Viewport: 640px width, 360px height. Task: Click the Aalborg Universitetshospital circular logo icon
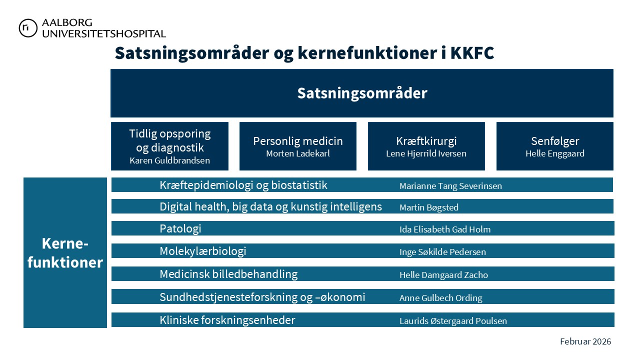pos(28,28)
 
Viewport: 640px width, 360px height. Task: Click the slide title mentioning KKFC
pos(304,53)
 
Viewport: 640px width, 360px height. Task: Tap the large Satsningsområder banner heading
pos(362,93)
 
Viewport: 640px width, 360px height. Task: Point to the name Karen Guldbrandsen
pos(169,160)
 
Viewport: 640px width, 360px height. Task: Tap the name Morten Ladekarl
pos(298,153)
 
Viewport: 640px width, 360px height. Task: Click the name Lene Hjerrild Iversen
pos(426,153)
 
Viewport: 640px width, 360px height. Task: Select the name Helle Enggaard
pos(554,153)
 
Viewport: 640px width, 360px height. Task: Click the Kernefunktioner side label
pos(65,253)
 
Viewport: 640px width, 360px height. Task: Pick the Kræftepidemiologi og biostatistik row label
pos(243,185)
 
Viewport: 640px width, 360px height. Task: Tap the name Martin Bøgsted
pos(429,207)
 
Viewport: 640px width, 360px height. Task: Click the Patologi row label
pos(180,229)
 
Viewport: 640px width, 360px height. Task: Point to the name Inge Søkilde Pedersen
pos(442,252)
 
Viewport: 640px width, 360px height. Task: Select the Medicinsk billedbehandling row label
pos(228,274)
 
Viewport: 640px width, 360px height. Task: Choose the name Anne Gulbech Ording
pos(440,298)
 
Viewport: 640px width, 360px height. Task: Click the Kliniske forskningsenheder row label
pos(227,320)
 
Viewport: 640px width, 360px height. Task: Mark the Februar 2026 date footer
pos(585,341)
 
